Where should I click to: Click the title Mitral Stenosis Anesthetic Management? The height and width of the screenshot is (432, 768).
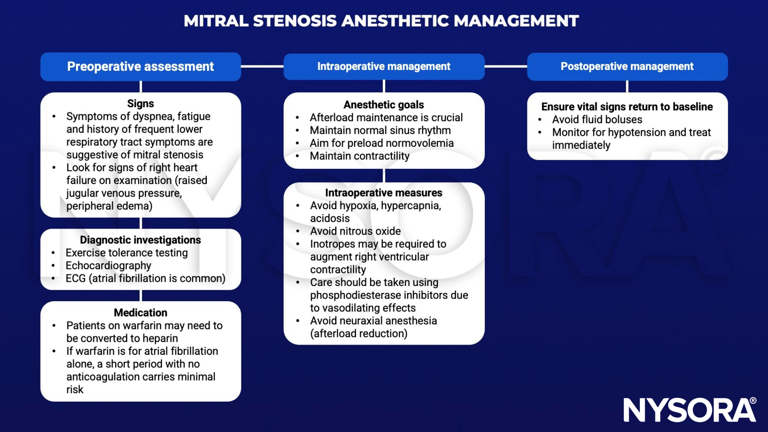(381, 21)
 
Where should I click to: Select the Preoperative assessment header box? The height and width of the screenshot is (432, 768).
(141, 67)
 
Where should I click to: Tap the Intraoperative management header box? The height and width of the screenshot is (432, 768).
(384, 67)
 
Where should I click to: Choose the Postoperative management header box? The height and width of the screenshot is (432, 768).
(627, 67)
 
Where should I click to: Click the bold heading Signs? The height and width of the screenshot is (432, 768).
(141, 103)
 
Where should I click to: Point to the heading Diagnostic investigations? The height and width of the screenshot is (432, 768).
(141, 240)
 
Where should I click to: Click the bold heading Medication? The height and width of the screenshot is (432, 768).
(141, 313)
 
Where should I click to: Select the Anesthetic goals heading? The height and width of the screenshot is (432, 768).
(384, 105)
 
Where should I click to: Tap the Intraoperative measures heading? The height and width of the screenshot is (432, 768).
(384, 193)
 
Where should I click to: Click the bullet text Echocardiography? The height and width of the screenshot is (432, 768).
(108, 266)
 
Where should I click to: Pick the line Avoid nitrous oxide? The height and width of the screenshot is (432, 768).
(355, 231)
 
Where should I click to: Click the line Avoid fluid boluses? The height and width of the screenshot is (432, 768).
(597, 120)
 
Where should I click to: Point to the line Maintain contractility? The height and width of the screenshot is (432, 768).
(360, 156)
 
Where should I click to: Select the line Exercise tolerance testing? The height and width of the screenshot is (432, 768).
(127, 253)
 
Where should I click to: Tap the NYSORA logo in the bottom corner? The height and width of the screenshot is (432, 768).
(690, 410)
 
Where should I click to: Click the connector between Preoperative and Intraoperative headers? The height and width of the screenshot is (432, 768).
(262, 66)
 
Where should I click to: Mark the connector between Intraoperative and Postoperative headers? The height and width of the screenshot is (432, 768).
(506, 66)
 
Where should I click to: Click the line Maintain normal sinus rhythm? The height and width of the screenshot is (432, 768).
(380, 130)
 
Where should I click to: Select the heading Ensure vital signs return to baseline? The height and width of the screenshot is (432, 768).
(627, 107)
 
